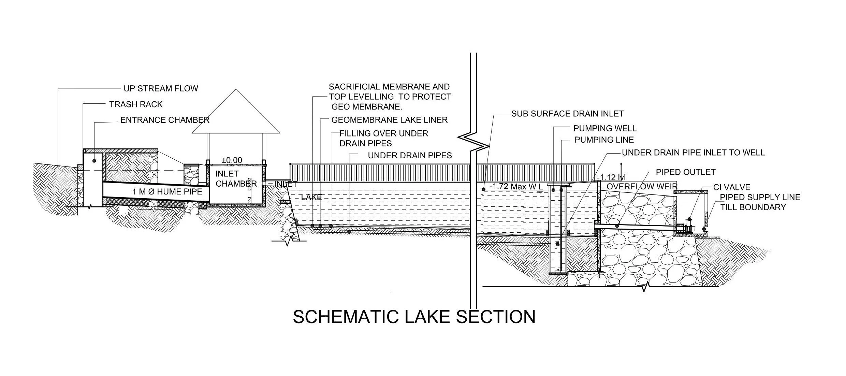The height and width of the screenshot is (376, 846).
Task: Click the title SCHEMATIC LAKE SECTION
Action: (x=414, y=317)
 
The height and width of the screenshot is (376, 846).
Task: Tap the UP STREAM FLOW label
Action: (x=161, y=89)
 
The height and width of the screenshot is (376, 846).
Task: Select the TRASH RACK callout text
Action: (x=136, y=104)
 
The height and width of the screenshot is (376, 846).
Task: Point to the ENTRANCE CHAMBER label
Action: (x=165, y=120)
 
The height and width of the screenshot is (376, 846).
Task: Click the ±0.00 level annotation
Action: (x=232, y=160)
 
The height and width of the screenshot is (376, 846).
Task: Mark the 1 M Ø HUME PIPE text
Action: (x=167, y=192)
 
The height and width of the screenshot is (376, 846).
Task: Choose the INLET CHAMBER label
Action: (x=235, y=179)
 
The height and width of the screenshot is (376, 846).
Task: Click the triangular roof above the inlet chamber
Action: (x=236, y=116)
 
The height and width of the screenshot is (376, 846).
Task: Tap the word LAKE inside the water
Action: (x=311, y=197)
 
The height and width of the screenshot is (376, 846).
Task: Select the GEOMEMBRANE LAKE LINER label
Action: (x=389, y=120)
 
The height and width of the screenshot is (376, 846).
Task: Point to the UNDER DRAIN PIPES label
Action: (x=410, y=156)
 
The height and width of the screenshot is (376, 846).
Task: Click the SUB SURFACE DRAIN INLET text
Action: (x=567, y=114)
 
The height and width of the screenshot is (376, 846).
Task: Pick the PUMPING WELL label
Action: (x=605, y=129)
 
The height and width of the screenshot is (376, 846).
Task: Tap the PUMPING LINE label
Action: (x=604, y=140)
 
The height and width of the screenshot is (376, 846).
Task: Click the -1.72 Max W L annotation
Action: (x=516, y=187)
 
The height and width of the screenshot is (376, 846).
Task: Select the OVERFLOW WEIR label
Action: (x=642, y=187)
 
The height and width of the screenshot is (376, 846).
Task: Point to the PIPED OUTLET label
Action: (x=685, y=172)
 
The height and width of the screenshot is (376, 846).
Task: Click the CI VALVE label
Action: (x=732, y=188)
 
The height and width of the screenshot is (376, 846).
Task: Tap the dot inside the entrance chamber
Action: (x=94, y=161)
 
